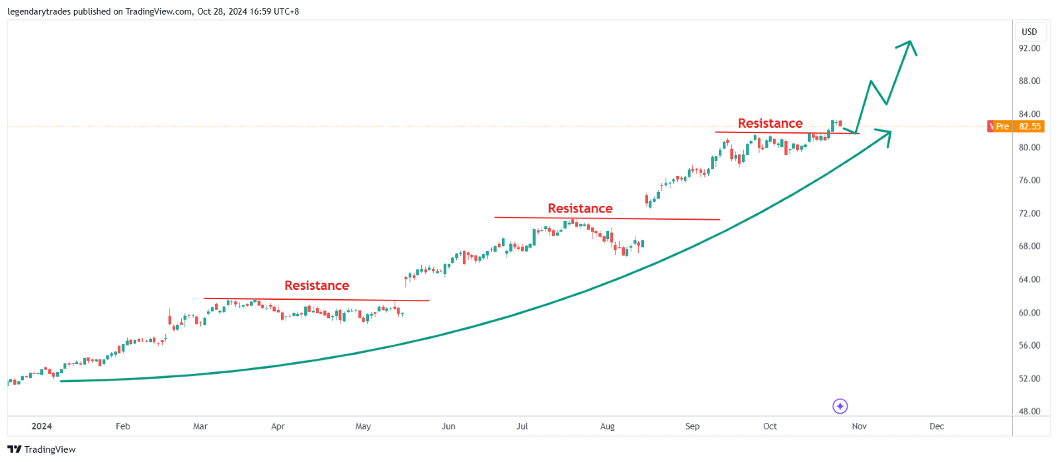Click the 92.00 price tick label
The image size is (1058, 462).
1029,48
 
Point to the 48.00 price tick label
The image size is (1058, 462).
1029,411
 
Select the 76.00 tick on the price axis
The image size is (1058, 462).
1029,180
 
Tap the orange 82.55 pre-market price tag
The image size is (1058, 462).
1029,126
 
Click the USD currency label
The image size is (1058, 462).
1029,32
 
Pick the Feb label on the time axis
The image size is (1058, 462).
123,426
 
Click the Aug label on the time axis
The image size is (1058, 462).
607,426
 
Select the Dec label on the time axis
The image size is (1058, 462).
936,426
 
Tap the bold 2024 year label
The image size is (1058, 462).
42,426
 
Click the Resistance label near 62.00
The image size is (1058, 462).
317,285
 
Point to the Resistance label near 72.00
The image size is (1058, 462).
580,208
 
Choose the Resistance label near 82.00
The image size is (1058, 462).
770,123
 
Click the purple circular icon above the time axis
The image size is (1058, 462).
840,406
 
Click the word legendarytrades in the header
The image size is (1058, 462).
39,11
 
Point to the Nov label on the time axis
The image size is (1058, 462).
859,426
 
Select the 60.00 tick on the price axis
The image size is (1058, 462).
1029,312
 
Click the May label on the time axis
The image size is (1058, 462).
363,426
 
